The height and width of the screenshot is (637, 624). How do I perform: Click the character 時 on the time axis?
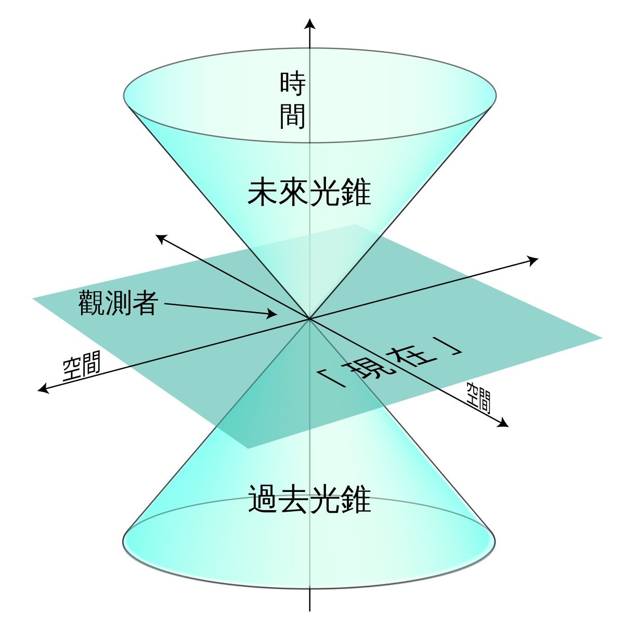tap(292, 84)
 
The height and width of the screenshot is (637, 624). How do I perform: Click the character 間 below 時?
tap(292, 116)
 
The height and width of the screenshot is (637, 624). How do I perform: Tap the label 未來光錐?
tap(309, 193)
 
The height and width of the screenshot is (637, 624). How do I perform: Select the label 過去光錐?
tap(309, 500)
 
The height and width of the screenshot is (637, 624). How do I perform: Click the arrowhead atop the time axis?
tap(309, 24)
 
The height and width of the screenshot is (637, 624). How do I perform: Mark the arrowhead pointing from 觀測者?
tap(272, 314)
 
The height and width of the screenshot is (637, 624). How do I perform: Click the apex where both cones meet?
tap(309, 319)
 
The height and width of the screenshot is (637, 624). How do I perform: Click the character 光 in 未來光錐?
tap(324, 193)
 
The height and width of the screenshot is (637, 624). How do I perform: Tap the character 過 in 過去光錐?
tap(262, 500)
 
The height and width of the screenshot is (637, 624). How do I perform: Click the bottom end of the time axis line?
tap(309, 611)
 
